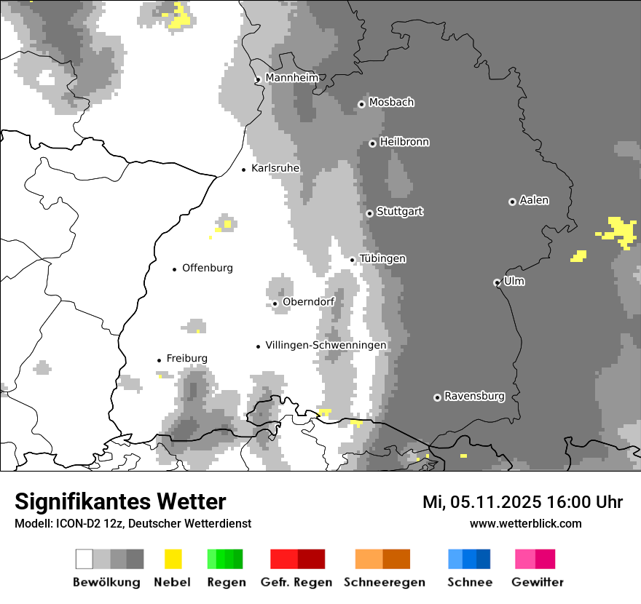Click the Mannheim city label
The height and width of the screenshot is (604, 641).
292,78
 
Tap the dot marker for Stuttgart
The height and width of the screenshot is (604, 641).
369,213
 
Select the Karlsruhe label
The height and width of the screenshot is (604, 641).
275,168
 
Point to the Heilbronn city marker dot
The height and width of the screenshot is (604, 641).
372,143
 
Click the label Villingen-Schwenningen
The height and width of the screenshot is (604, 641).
326,345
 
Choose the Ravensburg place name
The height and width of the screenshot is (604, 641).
474,396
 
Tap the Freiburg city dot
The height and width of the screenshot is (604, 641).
159,360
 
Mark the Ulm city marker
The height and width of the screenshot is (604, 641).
497,282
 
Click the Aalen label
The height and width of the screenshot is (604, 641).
534,200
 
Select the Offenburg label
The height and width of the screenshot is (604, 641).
208,268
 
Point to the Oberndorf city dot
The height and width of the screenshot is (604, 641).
275,303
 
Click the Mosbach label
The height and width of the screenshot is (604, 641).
391,103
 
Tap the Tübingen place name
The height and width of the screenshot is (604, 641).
382,258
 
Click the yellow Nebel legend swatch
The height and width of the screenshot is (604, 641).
173,559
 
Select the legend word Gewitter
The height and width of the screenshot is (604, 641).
538,582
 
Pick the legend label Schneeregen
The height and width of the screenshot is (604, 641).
385,582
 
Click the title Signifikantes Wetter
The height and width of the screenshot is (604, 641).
120,501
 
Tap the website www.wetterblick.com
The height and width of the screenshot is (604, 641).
525,523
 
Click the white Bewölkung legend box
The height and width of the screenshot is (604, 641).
84,559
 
